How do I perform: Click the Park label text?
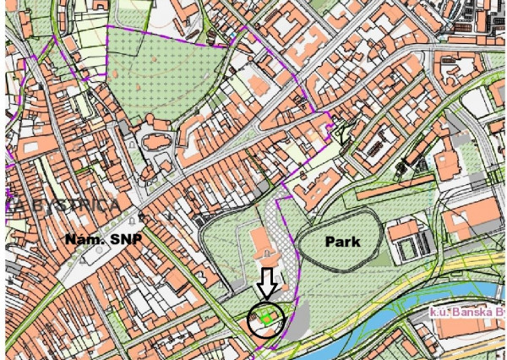point(342,242)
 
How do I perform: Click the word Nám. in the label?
point(83,240)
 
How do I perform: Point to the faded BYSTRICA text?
point(68,205)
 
